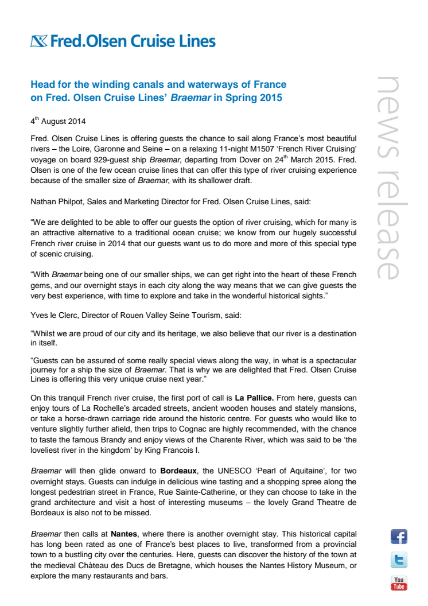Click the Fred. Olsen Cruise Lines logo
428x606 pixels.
pyautogui.click(x=123, y=41)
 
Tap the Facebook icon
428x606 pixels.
pyautogui.click(x=399, y=537)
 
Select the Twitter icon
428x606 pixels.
pyautogui.click(x=399, y=560)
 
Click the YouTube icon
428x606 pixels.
pyautogui.click(x=399, y=583)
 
